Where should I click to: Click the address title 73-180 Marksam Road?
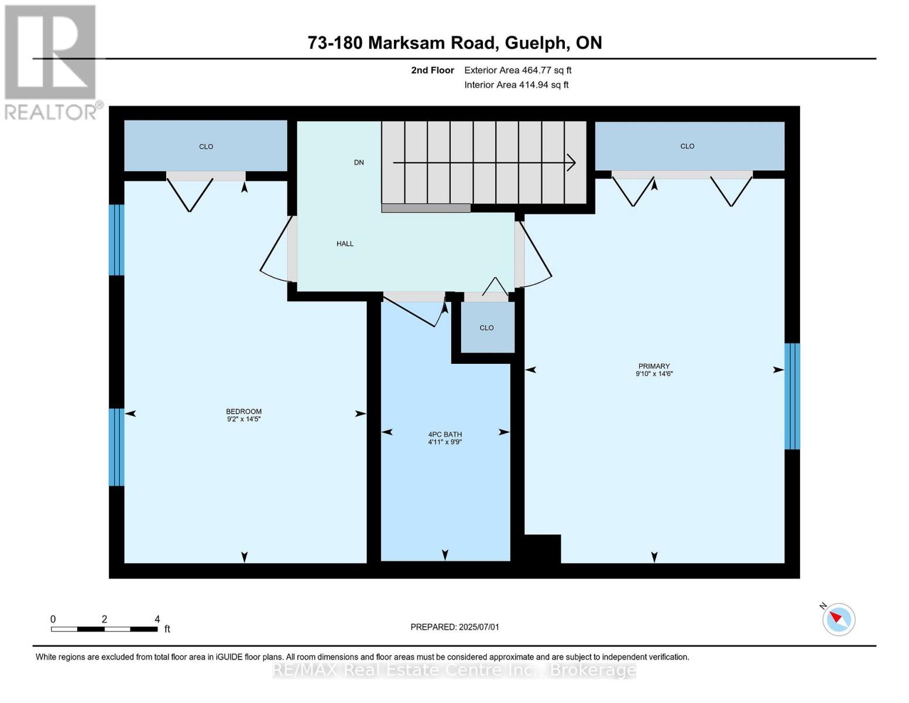click(x=454, y=43)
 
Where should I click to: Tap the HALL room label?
click(x=345, y=244)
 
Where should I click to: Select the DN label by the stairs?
click(x=359, y=162)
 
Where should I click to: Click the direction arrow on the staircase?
click(x=484, y=163)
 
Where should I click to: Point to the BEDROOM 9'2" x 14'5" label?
click(x=243, y=415)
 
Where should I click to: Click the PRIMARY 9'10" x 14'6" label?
click(x=654, y=370)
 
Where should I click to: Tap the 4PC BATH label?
click(x=445, y=438)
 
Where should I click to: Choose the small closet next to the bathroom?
click(x=487, y=327)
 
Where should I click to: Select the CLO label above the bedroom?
click(x=206, y=146)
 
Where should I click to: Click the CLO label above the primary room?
click(x=687, y=146)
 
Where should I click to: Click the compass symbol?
click(x=838, y=619)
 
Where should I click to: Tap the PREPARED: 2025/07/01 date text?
click(x=455, y=627)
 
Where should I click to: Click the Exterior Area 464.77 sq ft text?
click(x=517, y=70)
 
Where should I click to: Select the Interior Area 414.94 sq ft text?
click(x=516, y=85)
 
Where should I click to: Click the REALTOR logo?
click(x=52, y=62)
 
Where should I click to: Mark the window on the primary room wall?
click(x=792, y=396)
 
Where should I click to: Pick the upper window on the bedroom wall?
click(x=116, y=240)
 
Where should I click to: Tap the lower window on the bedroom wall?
click(x=116, y=447)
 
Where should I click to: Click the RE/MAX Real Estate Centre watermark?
click(x=454, y=670)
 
